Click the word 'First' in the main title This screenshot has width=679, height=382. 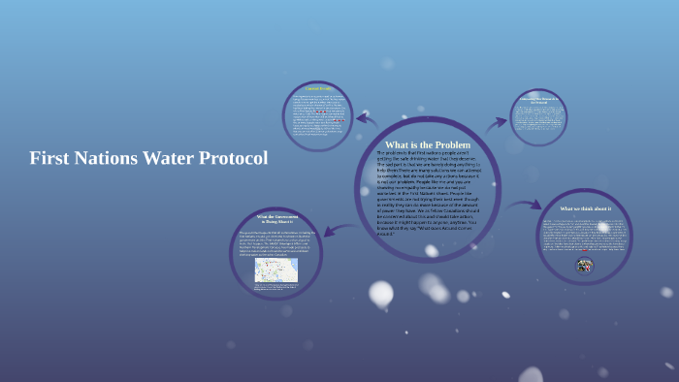pos(48,158)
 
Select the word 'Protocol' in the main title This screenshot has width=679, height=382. pos(234,158)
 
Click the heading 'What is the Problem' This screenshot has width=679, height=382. pos(428,145)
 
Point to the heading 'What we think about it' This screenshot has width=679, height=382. pos(585,208)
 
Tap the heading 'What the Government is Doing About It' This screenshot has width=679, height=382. pos(276,219)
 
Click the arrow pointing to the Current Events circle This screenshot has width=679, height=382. pos(367,120)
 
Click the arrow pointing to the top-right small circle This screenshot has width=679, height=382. pos(496,123)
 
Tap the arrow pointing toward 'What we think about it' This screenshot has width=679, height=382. pos(525,205)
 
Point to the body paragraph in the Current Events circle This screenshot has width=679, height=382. pos(318,118)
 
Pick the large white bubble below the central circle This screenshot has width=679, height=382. pos(381,293)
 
